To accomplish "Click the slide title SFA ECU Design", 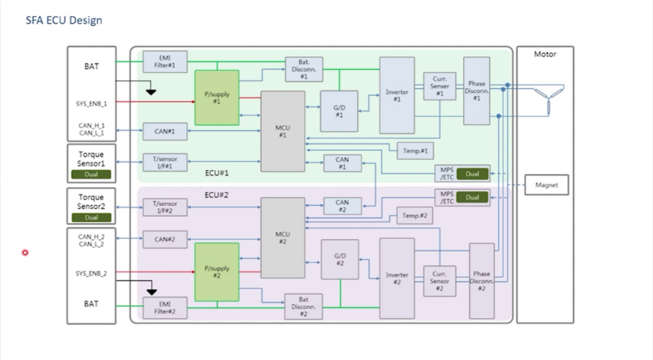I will click(64, 20).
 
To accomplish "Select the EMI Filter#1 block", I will click(165, 62).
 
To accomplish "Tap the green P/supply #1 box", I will click(216, 97).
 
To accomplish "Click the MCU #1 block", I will click(282, 131).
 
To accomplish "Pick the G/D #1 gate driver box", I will click(339, 111).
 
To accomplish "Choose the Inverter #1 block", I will click(396, 95).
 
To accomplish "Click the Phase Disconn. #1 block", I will click(476, 90).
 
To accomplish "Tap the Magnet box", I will click(546, 185).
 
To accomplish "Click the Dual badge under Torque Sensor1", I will click(91, 174).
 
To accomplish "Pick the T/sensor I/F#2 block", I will click(165, 207).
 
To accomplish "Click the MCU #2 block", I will click(282, 238).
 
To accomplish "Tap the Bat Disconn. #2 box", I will click(303, 305).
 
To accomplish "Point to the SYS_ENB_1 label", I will click(91, 103).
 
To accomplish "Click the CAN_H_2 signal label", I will click(91, 236).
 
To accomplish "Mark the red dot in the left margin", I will click(25, 252).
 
